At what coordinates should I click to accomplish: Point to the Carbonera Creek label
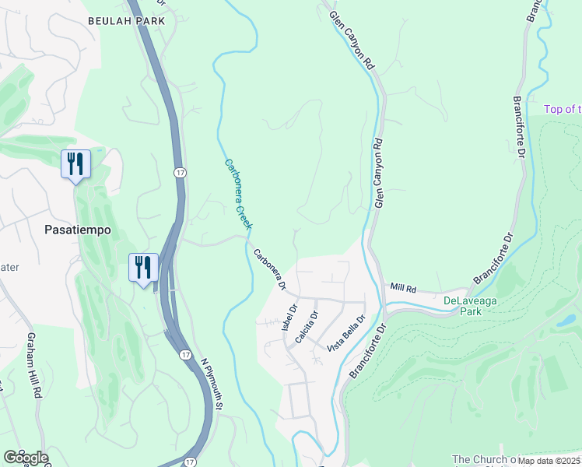[238, 194]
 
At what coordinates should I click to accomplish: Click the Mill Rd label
[403, 288]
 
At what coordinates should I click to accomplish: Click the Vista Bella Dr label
[347, 332]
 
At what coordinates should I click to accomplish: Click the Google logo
[26, 457]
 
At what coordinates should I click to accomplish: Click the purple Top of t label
[562, 110]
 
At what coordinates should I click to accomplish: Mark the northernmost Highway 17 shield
[179, 171]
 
